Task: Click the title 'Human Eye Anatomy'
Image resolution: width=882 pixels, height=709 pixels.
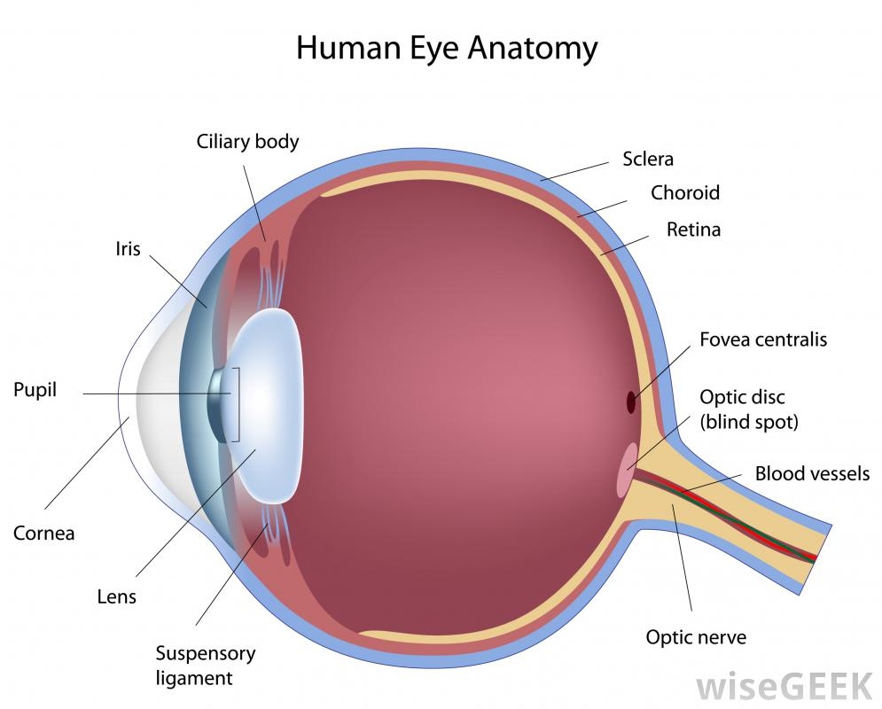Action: [447, 49]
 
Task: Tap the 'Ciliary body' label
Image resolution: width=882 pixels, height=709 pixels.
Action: [247, 142]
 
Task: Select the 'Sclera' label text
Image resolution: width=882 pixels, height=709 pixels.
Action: [648, 160]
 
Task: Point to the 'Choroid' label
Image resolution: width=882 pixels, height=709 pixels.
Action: [685, 193]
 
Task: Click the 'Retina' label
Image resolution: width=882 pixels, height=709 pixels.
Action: [693, 230]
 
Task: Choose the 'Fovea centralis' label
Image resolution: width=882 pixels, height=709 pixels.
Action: [763, 339]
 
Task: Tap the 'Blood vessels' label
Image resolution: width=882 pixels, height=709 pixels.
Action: [812, 473]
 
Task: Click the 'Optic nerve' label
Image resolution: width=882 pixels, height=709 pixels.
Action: [696, 637]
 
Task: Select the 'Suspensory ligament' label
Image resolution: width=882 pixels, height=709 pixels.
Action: [206, 666]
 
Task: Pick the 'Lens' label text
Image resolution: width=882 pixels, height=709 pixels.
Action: [116, 596]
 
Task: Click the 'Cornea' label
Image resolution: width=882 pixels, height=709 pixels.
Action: [43, 533]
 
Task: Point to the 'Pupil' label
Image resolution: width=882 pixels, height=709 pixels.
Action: [35, 390]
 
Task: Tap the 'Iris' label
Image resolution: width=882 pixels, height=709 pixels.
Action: [128, 248]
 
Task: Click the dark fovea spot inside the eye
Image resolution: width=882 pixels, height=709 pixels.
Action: [631, 402]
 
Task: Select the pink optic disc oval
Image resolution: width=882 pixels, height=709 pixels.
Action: [627, 470]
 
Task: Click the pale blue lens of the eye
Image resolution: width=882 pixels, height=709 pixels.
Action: [264, 406]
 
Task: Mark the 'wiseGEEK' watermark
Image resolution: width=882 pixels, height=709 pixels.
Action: [785, 687]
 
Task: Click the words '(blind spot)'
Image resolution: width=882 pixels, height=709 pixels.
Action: [749, 422]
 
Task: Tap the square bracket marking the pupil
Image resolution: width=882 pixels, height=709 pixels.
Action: [236, 405]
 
